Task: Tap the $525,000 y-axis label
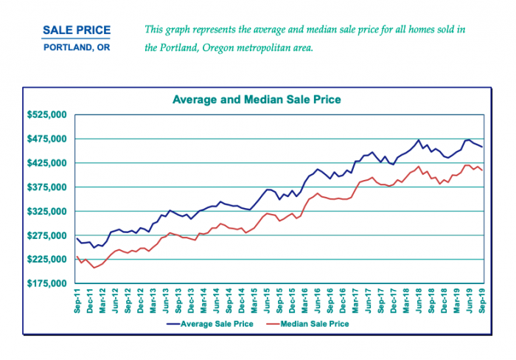(46, 115)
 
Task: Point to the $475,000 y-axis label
(46, 139)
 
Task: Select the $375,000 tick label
(46, 187)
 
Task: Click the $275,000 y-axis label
(46, 235)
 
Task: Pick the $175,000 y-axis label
(46, 283)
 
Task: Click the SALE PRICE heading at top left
(77, 31)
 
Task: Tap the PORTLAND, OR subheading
(77, 48)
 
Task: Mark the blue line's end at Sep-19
(482, 147)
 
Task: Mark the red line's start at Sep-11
(77, 257)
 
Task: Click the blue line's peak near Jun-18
(419, 139)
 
